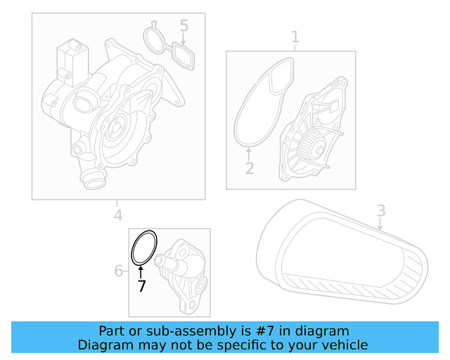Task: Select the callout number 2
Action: [249, 168]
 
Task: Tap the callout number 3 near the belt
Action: [380, 210]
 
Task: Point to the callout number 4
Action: [118, 216]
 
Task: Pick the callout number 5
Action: [184, 26]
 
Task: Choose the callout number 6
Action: [119, 271]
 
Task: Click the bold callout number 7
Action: [141, 285]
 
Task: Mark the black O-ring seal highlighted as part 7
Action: [144, 248]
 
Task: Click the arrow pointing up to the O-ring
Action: [141, 271]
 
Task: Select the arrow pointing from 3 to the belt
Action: [380, 224]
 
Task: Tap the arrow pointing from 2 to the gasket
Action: [249, 153]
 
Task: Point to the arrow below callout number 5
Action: [184, 40]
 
